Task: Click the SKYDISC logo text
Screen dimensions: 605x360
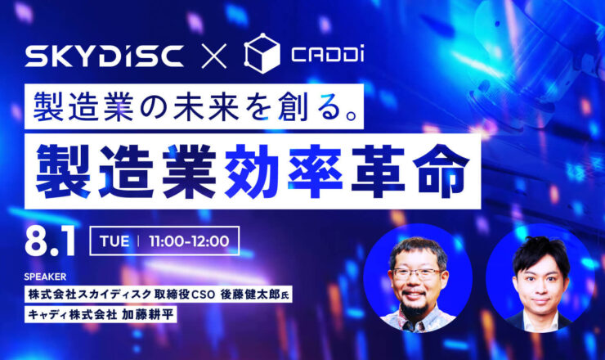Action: [104, 56]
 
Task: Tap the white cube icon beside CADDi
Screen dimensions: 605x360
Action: [262, 53]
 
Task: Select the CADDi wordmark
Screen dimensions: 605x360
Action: [328, 55]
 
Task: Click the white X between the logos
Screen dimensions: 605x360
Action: [214, 56]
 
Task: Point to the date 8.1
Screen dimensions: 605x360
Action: [50, 242]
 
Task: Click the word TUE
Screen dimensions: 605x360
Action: [114, 241]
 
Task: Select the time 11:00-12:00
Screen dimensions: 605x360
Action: [189, 241]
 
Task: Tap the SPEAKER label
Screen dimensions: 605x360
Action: [45, 277]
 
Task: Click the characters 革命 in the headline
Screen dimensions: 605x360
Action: [410, 171]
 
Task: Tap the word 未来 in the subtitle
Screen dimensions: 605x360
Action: [205, 106]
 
